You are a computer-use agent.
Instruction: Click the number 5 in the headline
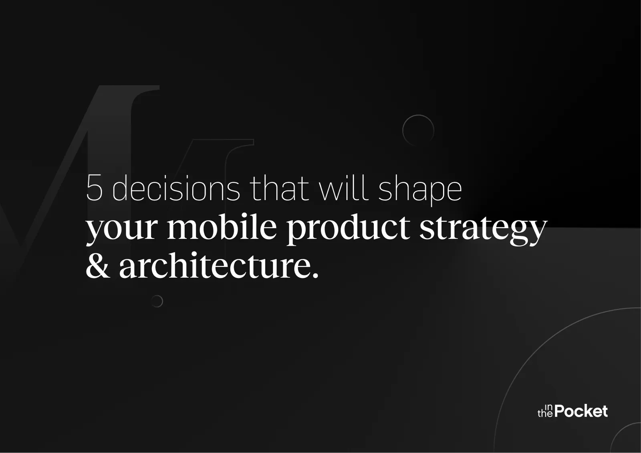[95, 188]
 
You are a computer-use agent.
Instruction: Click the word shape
[420, 189]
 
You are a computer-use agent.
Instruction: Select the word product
[348, 227]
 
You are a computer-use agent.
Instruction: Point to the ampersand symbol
[97, 266]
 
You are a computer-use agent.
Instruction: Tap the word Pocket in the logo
[581, 411]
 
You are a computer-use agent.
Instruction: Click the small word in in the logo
[548, 407]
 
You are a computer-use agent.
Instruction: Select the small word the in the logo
[545, 414]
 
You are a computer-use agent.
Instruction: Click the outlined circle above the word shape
[418, 130]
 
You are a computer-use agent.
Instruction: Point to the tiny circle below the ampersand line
[157, 301]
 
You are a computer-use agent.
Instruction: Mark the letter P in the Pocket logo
[560, 411]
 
